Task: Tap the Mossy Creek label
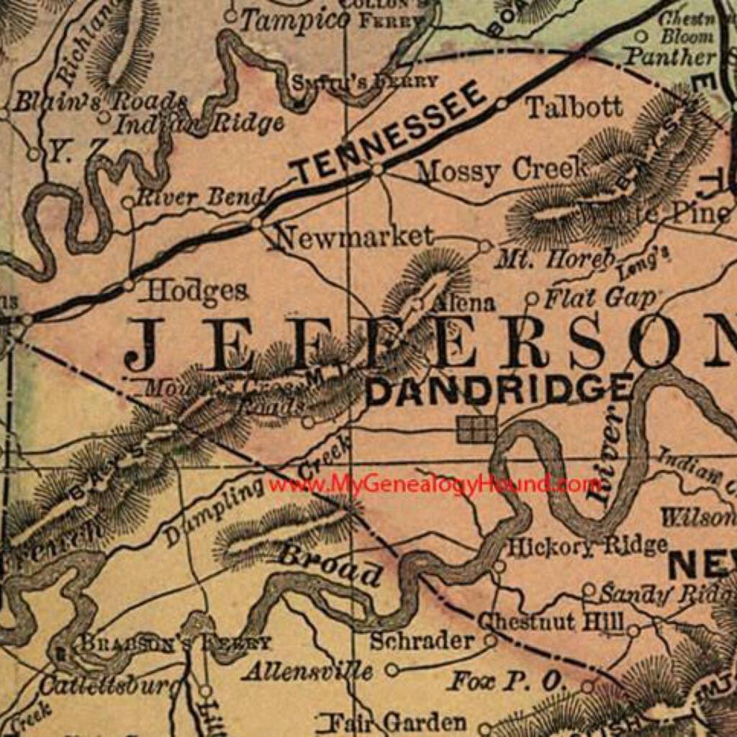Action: click(502, 171)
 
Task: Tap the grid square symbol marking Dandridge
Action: click(477, 430)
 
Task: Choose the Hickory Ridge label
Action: click(587, 546)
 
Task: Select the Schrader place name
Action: click(422, 641)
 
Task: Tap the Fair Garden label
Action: click(392, 722)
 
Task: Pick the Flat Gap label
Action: click(600, 297)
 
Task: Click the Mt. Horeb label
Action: click(554, 259)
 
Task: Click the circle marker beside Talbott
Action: click(502, 104)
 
